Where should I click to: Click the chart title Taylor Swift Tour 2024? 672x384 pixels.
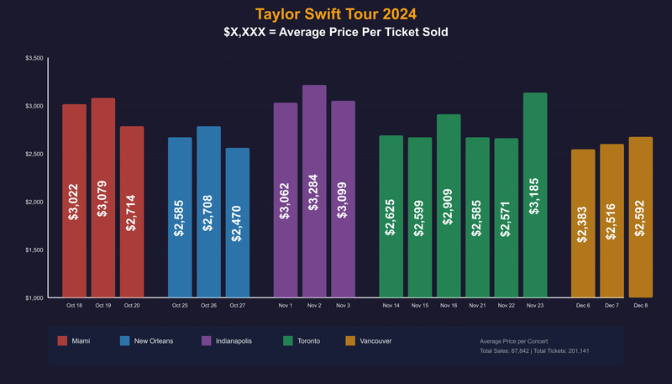(336, 14)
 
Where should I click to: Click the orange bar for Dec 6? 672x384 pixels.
(583, 224)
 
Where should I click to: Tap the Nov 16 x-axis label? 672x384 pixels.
(449, 305)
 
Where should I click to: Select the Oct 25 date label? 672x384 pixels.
(180, 305)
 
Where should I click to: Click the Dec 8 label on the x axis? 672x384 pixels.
(640, 305)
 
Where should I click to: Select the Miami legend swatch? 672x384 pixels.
(62, 341)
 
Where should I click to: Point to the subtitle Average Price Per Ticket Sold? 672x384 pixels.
(336, 33)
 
